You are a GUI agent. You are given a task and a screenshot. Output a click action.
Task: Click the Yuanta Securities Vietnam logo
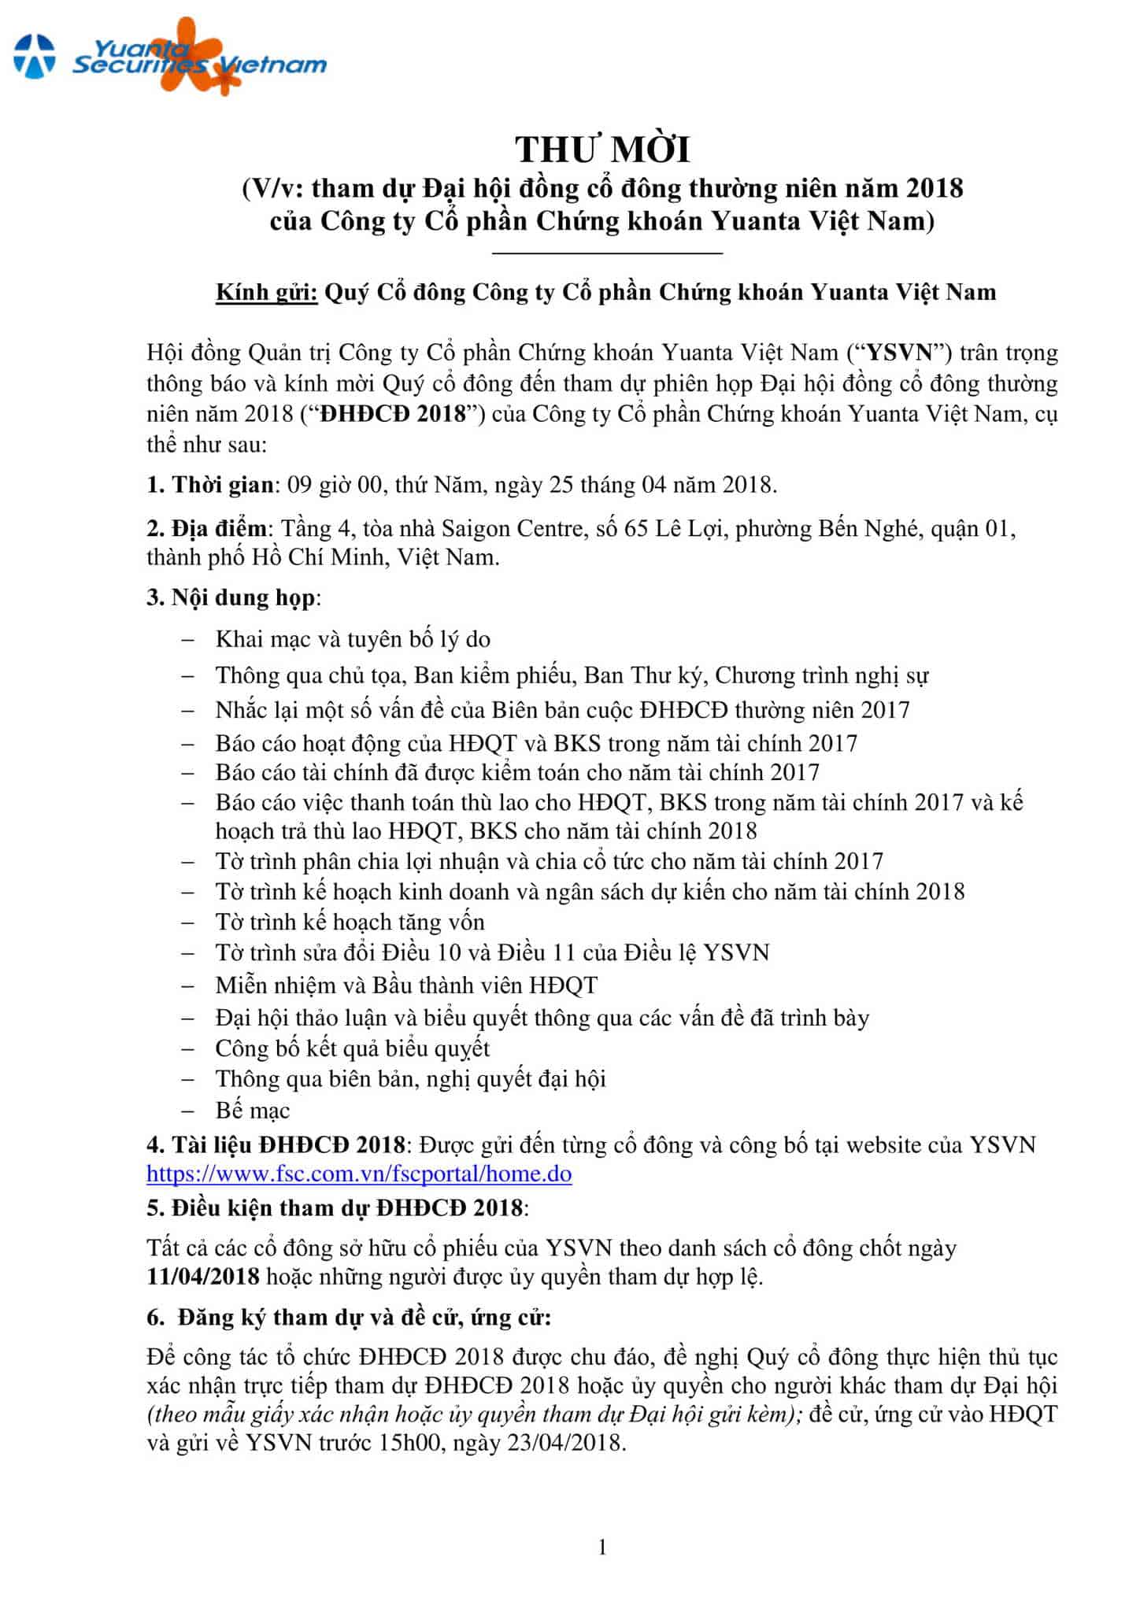[x=169, y=57]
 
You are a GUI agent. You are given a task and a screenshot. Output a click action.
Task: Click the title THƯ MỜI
[x=602, y=150]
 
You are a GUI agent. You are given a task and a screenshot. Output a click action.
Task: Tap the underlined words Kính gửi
[x=267, y=292]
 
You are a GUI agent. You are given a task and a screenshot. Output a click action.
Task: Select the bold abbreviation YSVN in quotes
[x=898, y=352]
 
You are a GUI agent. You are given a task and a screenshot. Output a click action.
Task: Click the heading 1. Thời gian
[x=211, y=484]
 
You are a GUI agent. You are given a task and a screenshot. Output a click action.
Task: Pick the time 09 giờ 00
[x=334, y=484]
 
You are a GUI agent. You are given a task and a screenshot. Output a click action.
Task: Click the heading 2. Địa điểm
[x=207, y=527]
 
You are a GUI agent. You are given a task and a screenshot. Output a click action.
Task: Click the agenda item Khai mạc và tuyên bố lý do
[x=353, y=638]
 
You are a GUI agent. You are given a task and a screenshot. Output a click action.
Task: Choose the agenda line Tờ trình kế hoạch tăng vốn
[x=350, y=922]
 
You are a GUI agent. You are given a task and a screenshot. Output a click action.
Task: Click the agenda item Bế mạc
[x=253, y=1110]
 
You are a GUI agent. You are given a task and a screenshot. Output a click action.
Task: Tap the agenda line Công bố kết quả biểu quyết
[x=353, y=1048]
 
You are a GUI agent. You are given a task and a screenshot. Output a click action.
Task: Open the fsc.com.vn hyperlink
[x=359, y=1174]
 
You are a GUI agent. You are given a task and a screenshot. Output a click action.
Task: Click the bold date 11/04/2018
[x=203, y=1276]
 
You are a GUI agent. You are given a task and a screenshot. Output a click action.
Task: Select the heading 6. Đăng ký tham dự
[x=349, y=1317]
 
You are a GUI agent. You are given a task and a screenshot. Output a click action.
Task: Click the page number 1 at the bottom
[x=602, y=1547]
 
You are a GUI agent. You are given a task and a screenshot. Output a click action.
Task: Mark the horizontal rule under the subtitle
[x=607, y=253]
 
